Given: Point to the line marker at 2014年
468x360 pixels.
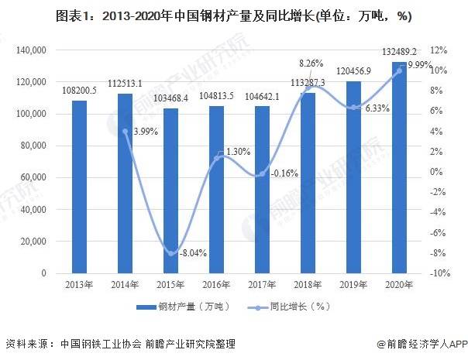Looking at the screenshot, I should (x=124, y=132).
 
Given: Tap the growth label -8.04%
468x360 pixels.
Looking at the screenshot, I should (x=192, y=253).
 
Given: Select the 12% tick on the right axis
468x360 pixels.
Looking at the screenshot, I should (x=438, y=50).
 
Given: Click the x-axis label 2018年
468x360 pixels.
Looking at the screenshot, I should (x=308, y=286).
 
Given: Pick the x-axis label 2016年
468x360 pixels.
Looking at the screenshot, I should (x=215, y=286).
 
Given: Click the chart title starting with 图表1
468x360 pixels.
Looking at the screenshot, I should (x=233, y=15).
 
